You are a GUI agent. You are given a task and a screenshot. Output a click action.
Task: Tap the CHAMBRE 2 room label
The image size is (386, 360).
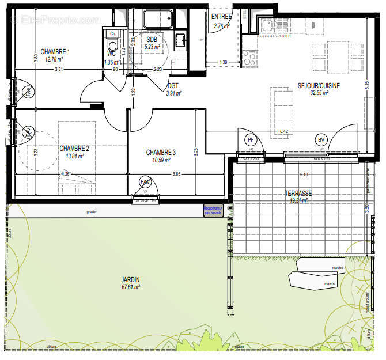point(74,148)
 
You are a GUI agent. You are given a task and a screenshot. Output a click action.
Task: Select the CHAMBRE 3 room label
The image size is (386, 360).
point(161,153)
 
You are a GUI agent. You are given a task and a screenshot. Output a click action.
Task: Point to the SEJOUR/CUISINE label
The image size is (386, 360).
point(319,85)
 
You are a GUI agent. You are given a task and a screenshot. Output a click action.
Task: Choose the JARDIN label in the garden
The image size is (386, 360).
point(131,280)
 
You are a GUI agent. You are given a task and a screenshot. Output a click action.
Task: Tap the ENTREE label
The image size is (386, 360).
point(221,17)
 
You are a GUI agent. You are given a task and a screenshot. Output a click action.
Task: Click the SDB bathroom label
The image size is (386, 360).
point(152,39)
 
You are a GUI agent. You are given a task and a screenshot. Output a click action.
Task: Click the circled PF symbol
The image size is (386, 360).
point(250,139)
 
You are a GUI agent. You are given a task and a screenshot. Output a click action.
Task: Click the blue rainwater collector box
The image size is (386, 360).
point(211,211)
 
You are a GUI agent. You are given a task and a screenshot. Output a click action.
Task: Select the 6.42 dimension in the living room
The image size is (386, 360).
point(283,132)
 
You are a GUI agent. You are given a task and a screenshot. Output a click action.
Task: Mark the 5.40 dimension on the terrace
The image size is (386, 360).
point(300,175)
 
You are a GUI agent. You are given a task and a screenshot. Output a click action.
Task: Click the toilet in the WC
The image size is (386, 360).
point(112,46)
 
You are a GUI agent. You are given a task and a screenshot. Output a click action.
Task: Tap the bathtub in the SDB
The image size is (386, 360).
point(156,20)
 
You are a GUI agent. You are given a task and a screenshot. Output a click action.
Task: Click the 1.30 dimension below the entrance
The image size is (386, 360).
point(222,62)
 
